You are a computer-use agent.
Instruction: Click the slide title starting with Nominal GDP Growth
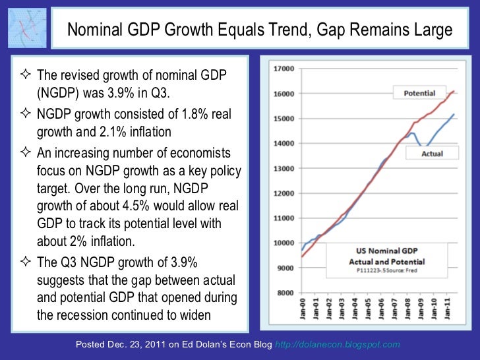tap(260, 30)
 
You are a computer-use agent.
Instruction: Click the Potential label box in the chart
tap(419, 94)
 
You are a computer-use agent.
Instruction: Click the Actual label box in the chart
tap(432, 154)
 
